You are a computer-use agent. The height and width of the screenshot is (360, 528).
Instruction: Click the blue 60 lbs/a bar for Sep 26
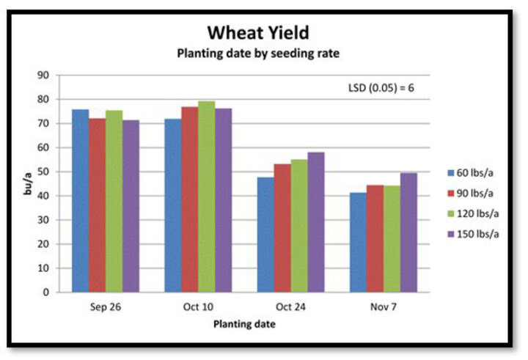(81, 201)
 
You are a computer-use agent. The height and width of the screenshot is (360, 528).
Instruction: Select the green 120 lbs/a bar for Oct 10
(207, 196)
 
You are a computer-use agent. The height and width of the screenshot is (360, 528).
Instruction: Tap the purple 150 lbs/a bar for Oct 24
(316, 222)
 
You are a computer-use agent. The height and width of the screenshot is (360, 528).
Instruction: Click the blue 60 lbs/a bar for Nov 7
(359, 243)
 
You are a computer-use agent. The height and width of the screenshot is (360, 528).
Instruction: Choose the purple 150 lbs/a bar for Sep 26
(131, 206)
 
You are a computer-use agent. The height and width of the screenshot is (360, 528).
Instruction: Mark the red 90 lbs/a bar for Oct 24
(282, 228)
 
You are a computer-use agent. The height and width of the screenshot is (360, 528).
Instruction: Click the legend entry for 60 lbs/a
(470, 173)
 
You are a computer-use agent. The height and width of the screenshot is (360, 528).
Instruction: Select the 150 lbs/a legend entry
(473, 234)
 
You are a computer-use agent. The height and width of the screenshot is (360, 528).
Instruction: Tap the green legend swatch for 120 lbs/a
(450, 214)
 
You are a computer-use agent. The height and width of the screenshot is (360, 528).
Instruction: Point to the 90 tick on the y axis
(43, 75)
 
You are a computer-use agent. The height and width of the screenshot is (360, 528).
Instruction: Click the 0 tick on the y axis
(45, 293)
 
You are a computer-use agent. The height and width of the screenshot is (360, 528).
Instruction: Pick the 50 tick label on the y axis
(43, 172)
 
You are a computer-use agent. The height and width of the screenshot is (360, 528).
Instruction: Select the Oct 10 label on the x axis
(198, 306)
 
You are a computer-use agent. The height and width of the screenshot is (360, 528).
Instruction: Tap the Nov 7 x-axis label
(384, 306)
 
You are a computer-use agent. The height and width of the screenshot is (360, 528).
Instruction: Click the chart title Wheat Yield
(258, 33)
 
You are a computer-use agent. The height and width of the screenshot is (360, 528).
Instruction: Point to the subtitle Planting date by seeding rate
(258, 54)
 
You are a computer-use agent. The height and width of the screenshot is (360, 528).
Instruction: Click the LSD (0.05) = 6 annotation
(381, 88)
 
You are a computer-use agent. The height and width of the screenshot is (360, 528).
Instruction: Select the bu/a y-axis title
(28, 183)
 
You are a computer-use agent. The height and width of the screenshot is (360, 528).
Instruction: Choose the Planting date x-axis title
(244, 324)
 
